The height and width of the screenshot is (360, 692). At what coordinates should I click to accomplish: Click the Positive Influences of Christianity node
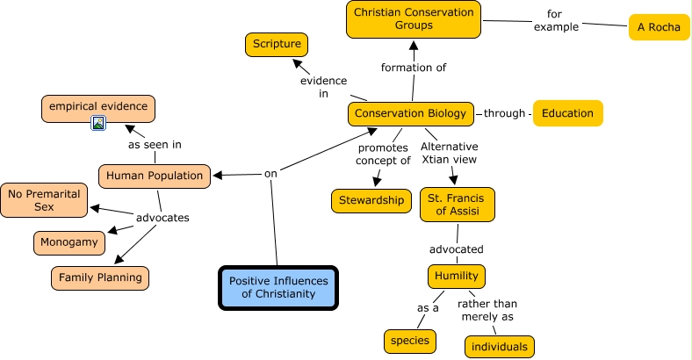point(278,287)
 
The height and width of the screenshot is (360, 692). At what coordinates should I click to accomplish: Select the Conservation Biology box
point(412,113)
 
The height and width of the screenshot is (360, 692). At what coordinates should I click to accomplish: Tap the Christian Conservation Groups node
point(413,19)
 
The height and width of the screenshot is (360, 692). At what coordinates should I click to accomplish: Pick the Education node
point(567,113)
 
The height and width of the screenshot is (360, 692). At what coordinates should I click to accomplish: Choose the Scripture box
point(277,43)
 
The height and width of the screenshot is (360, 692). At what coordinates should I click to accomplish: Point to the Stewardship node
point(371,200)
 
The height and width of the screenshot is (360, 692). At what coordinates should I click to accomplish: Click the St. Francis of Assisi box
point(457,205)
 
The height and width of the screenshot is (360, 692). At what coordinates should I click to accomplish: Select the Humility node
point(457,276)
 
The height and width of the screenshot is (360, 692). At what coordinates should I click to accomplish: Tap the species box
point(409,341)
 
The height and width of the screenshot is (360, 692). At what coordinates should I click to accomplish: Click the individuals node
point(499,346)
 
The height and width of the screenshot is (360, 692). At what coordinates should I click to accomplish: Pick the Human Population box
point(155,176)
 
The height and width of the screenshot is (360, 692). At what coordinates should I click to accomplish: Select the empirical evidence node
point(98,108)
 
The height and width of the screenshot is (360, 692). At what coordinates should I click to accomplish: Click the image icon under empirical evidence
point(99,123)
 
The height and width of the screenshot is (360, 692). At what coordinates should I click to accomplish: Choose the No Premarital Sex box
point(44,200)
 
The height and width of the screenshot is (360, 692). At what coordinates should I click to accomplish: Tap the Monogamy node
point(70,242)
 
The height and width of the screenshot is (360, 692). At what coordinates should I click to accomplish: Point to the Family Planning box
point(99,277)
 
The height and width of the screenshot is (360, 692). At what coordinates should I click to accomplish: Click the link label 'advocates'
point(162,218)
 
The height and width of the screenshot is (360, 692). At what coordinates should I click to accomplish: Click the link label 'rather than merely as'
point(487,310)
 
